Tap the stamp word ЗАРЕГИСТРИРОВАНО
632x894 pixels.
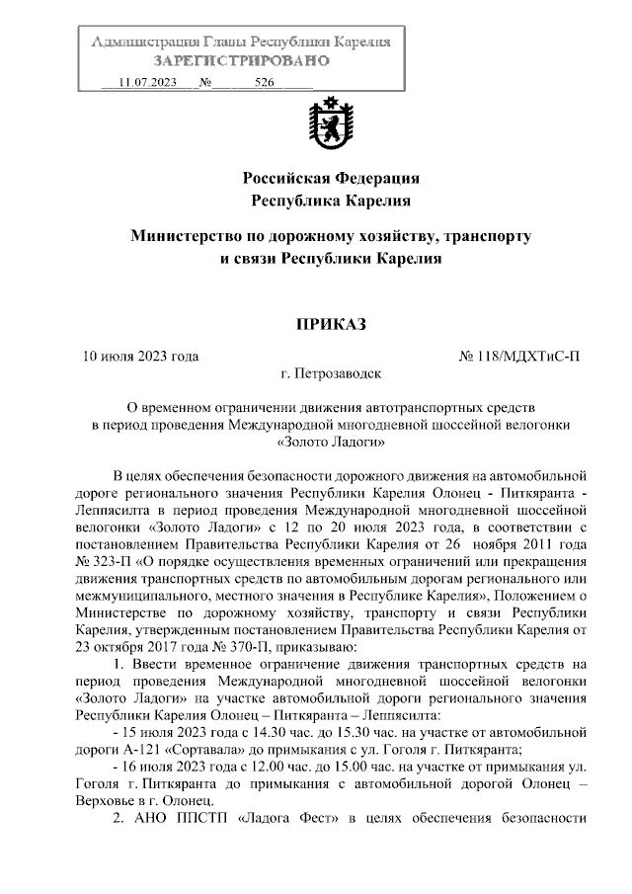click(x=241, y=61)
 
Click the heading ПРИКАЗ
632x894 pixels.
click(x=331, y=325)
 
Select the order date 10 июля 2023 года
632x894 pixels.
click(x=141, y=356)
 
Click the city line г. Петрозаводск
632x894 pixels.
click(x=331, y=374)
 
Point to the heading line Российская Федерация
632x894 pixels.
click(x=332, y=179)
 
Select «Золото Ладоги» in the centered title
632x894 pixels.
click(x=331, y=442)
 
